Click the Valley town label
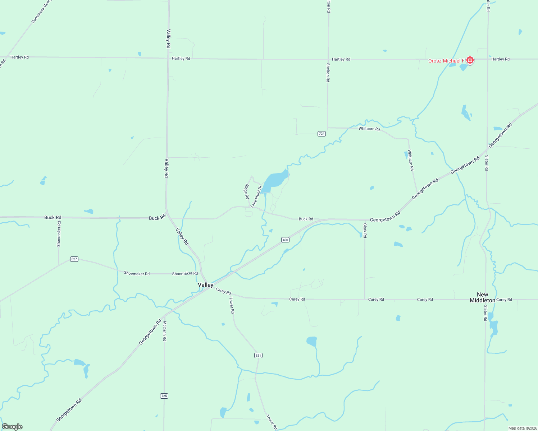tap(205, 285)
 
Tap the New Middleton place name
tap(482, 297)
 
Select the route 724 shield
tap(322, 134)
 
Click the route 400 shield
tap(285, 240)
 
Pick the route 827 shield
tap(74, 259)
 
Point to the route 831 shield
tap(258, 355)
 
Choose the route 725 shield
tap(164, 396)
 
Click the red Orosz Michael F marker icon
tap(470, 60)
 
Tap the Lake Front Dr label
tap(256, 196)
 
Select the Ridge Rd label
tap(247, 192)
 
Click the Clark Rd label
tap(365, 231)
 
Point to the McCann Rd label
tap(164, 331)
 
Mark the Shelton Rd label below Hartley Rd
tap(328, 73)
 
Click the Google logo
tap(12, 427)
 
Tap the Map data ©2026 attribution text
tap(522, 428)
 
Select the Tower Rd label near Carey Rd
tap(232, 305)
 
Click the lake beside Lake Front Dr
tap(275, 180)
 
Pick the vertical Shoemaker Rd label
tap(59, 234)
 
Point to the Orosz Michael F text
tap(446, 61)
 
